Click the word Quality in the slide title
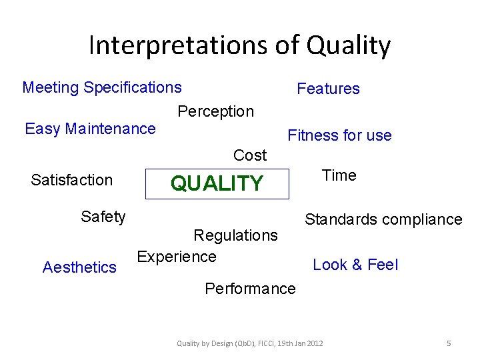pyautogui.click(x=348, y=45)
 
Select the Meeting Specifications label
pyautogui.click(x=102, y=87)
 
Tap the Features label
pyautogui.click(x=328, y=89)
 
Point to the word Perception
pyautogui.click(x=215, y=111)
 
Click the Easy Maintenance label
pyautogui.click(x=90, y=129)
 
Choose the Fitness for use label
pyautogui.click(x=339, y=135)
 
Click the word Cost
pyautogui.click(x=250, y=155)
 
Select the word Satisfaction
pyautogui.click(x=72, y=180)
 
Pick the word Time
pyautogui.click(x=339, y=175)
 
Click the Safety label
pyautogui.click(x=103, y=217)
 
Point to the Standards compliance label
pyautogui.click(x=383, y=219)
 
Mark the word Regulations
pyautogui.click(x=235, y=235)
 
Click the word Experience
pyautogui.click(x=177, y=257)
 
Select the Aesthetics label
pyautogui.click(x=79, y=267)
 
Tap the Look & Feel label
pyautogui.click(x=355, y=265)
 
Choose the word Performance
pyautogui.click(x=250, y=289)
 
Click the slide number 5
pyautogui.click(x=449, y=343)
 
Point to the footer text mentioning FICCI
pyautogui.click(x=250, y=343)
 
